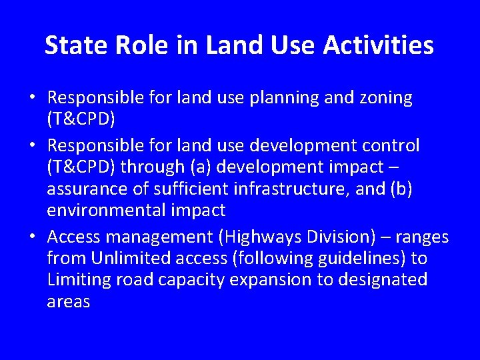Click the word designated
pyautogui.click(x=383, y=279)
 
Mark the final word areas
pyautogui.click(x=68, y=301)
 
